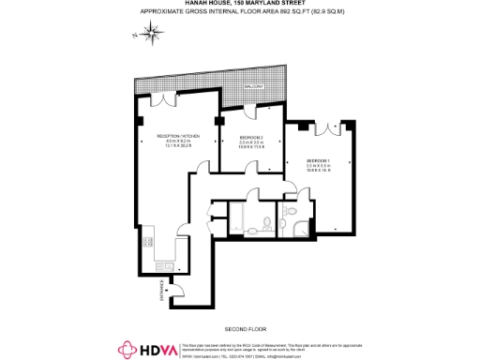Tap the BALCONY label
[254, 86]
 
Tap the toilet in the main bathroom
[267, 222]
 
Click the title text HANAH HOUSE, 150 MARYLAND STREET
[240, 4]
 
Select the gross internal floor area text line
[240, 12]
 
